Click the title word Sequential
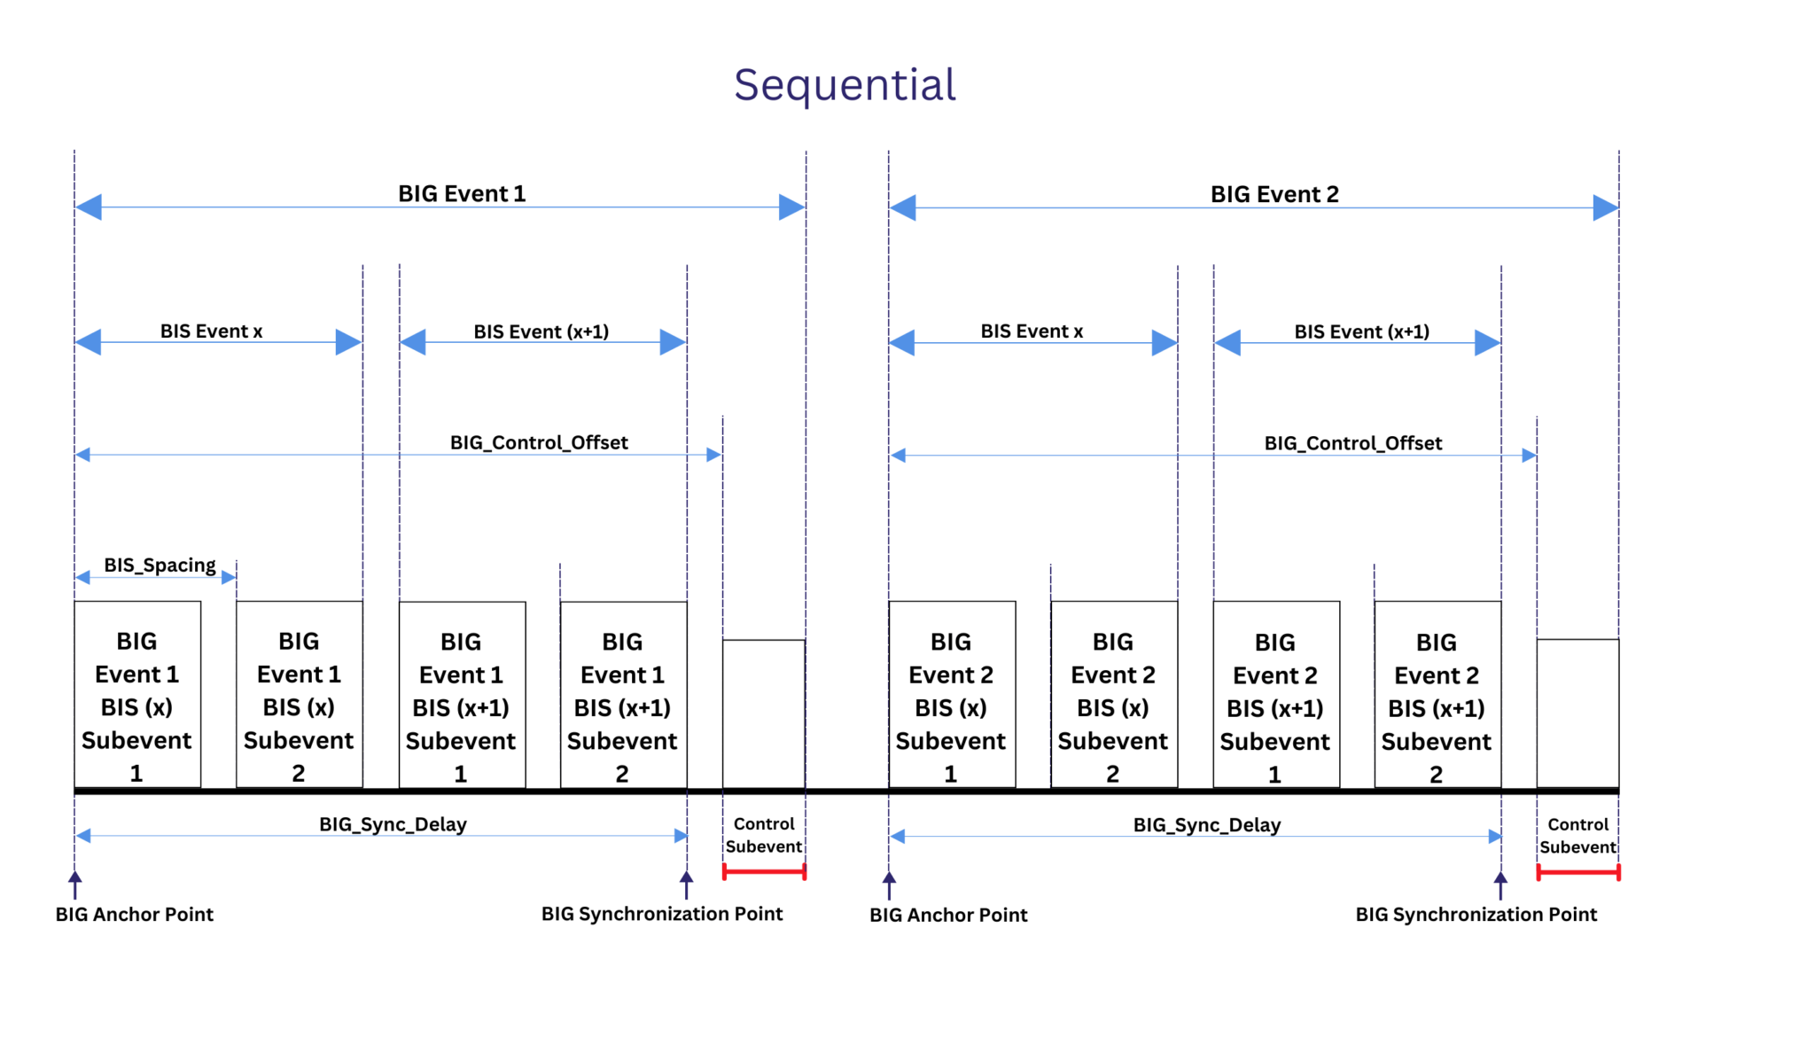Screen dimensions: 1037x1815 point(845,86)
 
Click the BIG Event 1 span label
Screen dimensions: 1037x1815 point(462,194)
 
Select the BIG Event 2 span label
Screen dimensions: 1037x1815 point(1274,194)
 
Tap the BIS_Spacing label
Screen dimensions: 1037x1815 point(160,565)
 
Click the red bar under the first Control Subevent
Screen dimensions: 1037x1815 point(764,872)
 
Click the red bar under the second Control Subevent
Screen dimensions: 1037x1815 point(1577,873)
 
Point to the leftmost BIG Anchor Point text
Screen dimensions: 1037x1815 point(135,915)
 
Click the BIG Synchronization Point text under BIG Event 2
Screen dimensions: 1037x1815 point(1476,915)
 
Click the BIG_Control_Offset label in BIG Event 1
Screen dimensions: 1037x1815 point(539,442)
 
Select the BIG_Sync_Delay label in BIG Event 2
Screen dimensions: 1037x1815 point(1207,825)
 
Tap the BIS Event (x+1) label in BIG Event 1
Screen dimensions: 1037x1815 point(541,331)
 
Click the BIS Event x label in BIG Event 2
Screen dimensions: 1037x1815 point(1032,331)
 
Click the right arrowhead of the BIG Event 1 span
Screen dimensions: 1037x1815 point(791,207)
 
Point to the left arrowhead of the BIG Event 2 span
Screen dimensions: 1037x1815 point(903,208)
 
